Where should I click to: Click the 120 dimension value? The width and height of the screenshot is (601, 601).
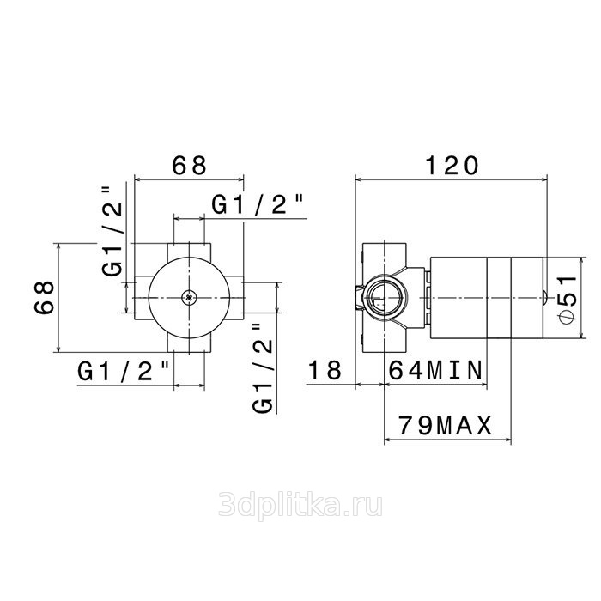(x=452, y=166)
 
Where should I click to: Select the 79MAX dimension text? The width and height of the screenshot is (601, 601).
(x=445, y=425)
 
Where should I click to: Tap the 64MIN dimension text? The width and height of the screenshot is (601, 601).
(x=435, y=370)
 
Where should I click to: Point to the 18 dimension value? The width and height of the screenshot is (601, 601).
(x=325, y=370)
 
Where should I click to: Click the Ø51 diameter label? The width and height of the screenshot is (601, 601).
(x=568, y=300)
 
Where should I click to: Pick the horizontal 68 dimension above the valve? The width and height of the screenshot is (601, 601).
(x=189, y=166)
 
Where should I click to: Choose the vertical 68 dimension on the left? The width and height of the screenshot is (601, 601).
(x=45, y=297)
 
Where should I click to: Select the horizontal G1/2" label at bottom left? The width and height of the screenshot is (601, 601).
(x=123, y=371)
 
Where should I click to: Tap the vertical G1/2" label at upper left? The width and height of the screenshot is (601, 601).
(x=112, y=231)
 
